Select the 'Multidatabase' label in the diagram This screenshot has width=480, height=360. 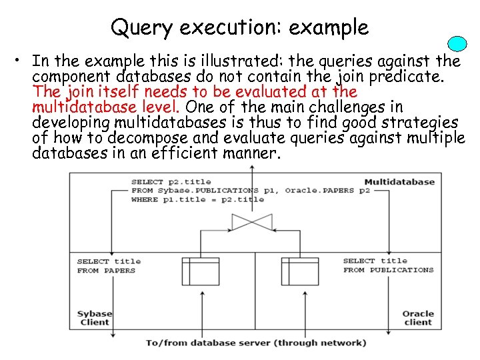click(x=399, y=181)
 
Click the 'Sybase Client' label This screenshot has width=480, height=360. click(x=94, y=318)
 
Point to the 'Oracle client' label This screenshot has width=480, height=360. click(x=417, y=318)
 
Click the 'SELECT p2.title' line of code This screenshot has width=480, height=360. click(x=171, y=181)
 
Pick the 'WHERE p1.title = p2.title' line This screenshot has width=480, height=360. click(x=198, y=199)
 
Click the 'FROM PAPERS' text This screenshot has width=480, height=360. click(x=106, y=271)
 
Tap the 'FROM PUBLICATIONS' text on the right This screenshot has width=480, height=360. click(x=388, y=271)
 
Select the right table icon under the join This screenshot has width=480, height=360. click(x=299, y=271)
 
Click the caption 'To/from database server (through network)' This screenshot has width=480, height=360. click(x=256, y=343)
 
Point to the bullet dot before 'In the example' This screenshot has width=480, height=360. click(x=23, y=63)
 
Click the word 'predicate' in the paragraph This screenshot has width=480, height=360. click(x=413, y=77)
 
